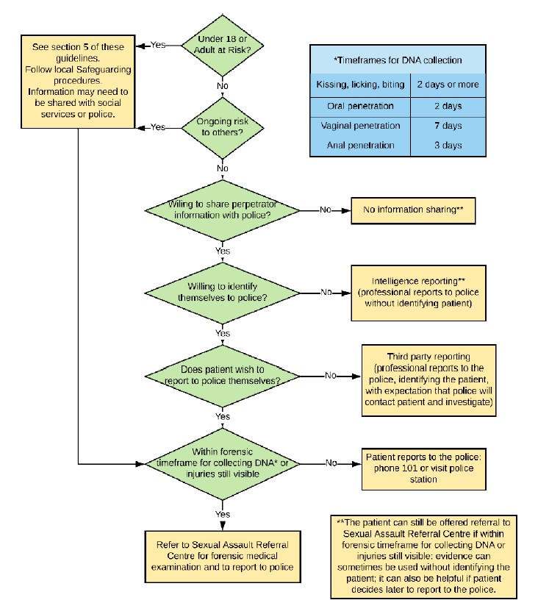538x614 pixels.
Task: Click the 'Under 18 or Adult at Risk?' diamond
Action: pyautogui.click(x=223, y=46)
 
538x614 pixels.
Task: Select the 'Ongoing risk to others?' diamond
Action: pyautogui.click(x=223, y=127)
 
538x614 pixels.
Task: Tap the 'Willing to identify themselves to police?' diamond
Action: pyautogui.click(x=223, y=291)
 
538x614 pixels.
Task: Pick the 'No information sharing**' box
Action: pyautogui.click(x=412, y=210)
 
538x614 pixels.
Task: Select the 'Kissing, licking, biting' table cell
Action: pyautogui.click(x=360, y=85)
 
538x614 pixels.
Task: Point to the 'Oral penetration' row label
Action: pyautogui.click(x=360, y=106)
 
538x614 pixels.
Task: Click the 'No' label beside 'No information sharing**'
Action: pyautogui.click(x=325, y=210)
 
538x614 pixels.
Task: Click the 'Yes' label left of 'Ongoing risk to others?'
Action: pyautogui.click(x=158, y=127)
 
